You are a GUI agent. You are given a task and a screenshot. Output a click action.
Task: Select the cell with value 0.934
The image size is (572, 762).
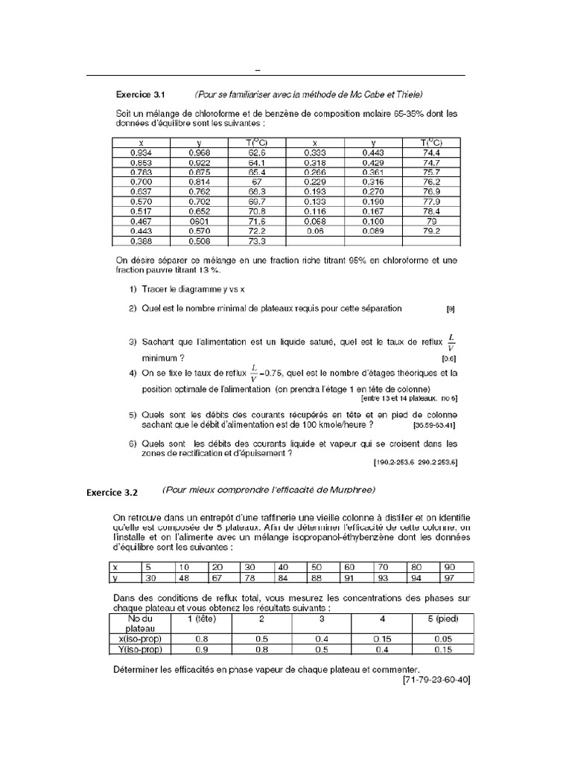(x=141, y=153)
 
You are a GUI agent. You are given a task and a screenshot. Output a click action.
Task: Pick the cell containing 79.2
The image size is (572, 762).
(x=431, y=231)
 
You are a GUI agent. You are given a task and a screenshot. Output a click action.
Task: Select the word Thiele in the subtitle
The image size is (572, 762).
(x=408, y=95)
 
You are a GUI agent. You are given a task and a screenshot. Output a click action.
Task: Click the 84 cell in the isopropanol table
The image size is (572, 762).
(x=288, y=578)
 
